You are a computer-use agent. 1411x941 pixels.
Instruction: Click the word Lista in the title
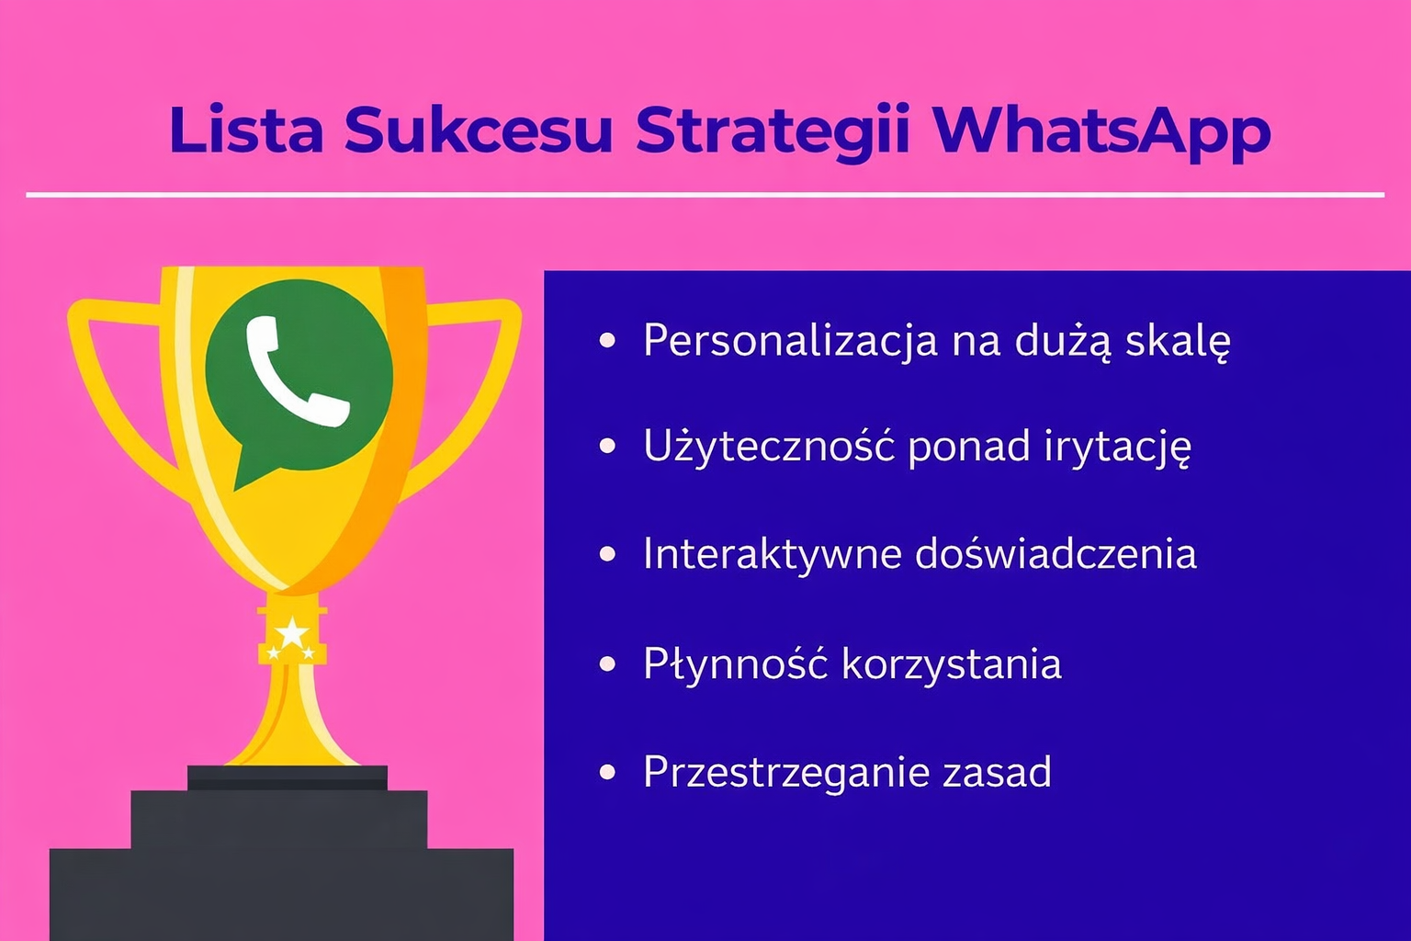pos(245,130)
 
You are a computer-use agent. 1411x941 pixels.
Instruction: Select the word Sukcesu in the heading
pos(478,130)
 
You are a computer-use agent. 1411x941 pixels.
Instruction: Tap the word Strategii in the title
pos(773,131)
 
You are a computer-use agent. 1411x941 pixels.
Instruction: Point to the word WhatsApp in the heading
pos(1101,131)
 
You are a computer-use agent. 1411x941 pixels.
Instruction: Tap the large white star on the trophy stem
pos(292,633)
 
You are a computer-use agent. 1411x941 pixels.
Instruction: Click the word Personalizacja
pos(790,341)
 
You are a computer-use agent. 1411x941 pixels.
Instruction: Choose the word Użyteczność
pos(769,448)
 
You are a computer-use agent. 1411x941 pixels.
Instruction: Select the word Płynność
pos(736,663)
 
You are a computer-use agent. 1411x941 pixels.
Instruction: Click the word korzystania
pos(951,663)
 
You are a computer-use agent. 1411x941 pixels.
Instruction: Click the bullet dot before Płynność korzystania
pos(607,663)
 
